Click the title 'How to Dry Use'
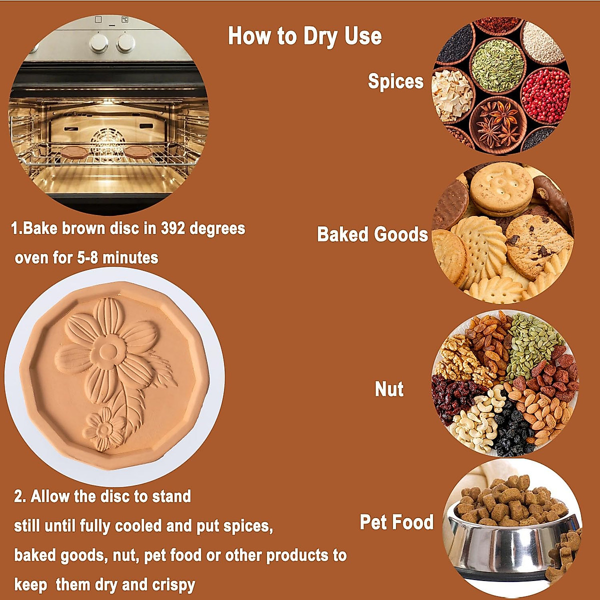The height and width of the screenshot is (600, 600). coord(304,36)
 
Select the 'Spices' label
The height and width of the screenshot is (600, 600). coord(395,81)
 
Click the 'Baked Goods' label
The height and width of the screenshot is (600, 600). coord(372,234)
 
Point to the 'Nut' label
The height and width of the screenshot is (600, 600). coord(389,389)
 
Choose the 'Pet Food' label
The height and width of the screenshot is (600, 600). coord(396,522)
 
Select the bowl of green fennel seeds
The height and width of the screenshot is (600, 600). coord(497,65)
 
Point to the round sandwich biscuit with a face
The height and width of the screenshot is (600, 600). coord(500,188)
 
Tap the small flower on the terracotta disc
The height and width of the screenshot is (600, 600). coord(103,429)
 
